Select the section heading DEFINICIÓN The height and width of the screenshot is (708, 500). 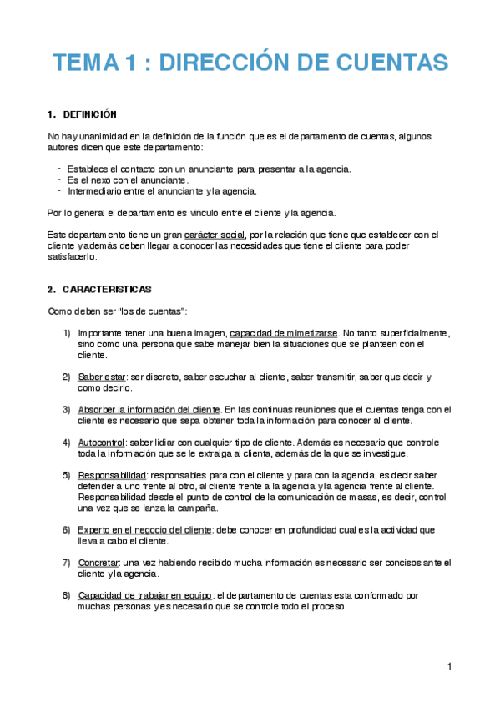pyautogui.click(x=89, y=114)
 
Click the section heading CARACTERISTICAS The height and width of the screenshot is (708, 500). pyautogui.click(x=107, y=289)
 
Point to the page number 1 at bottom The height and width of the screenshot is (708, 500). pyautogui.click(x=448, y=666)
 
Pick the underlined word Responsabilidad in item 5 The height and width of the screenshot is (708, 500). pyautogui.click(x=111, y=475)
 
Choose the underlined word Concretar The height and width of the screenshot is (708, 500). pyautogui.click(x=98, y=562)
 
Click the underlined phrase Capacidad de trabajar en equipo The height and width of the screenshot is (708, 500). pyautogui.click(x=144, y=595)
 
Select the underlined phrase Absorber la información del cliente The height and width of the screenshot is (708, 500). pyautogui.click(x=149, y=410)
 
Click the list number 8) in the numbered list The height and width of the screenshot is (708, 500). pyautogui.click(x=66, y=595)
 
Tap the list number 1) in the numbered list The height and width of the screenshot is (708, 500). pyautogui.click(x=66, y=333)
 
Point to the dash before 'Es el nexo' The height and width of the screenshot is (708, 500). pyautogui.click(x=59, y=179)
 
